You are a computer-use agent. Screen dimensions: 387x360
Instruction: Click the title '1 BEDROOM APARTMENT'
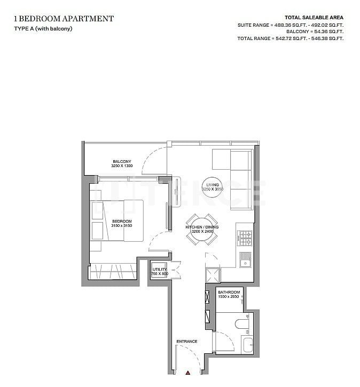64,19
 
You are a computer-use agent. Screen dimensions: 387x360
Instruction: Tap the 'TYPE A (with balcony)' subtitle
43,28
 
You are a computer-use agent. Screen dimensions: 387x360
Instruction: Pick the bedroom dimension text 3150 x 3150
121,226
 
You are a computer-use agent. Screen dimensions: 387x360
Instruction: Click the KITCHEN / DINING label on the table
199,227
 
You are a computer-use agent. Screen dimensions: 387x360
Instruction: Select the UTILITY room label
160,269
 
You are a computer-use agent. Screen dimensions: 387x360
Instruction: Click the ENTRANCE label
187,342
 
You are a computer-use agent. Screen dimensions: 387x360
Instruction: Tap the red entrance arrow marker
188,374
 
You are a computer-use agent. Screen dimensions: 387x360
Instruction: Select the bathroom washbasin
247,344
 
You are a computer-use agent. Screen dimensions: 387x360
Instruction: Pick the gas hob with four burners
245,235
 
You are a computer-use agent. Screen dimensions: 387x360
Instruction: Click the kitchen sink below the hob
245,259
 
